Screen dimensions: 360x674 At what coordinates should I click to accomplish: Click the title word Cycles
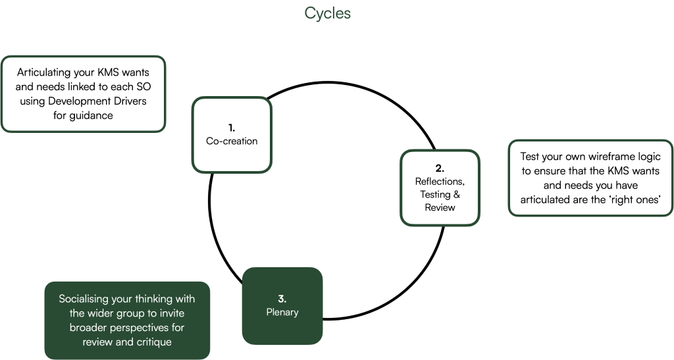click(x=327, y=13)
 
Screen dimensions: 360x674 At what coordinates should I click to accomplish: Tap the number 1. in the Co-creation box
click(x=232, y=128)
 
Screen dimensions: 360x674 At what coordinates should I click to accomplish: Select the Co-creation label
click(x=232, y=141)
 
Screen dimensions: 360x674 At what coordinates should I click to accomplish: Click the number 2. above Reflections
click(x=440, y=168)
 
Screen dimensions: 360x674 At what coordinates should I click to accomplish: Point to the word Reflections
click(x=440, y=182)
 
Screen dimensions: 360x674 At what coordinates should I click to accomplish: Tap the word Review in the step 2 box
click(x=440, y=207)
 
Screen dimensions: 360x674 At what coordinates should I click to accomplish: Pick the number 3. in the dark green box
click(x=282, y=298)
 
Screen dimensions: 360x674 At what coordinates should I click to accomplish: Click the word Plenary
click(x=282, y=311)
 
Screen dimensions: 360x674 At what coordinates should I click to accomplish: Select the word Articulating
click(x=46, y=72)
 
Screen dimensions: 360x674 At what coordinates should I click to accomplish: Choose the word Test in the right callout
click(x=531, y=157)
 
